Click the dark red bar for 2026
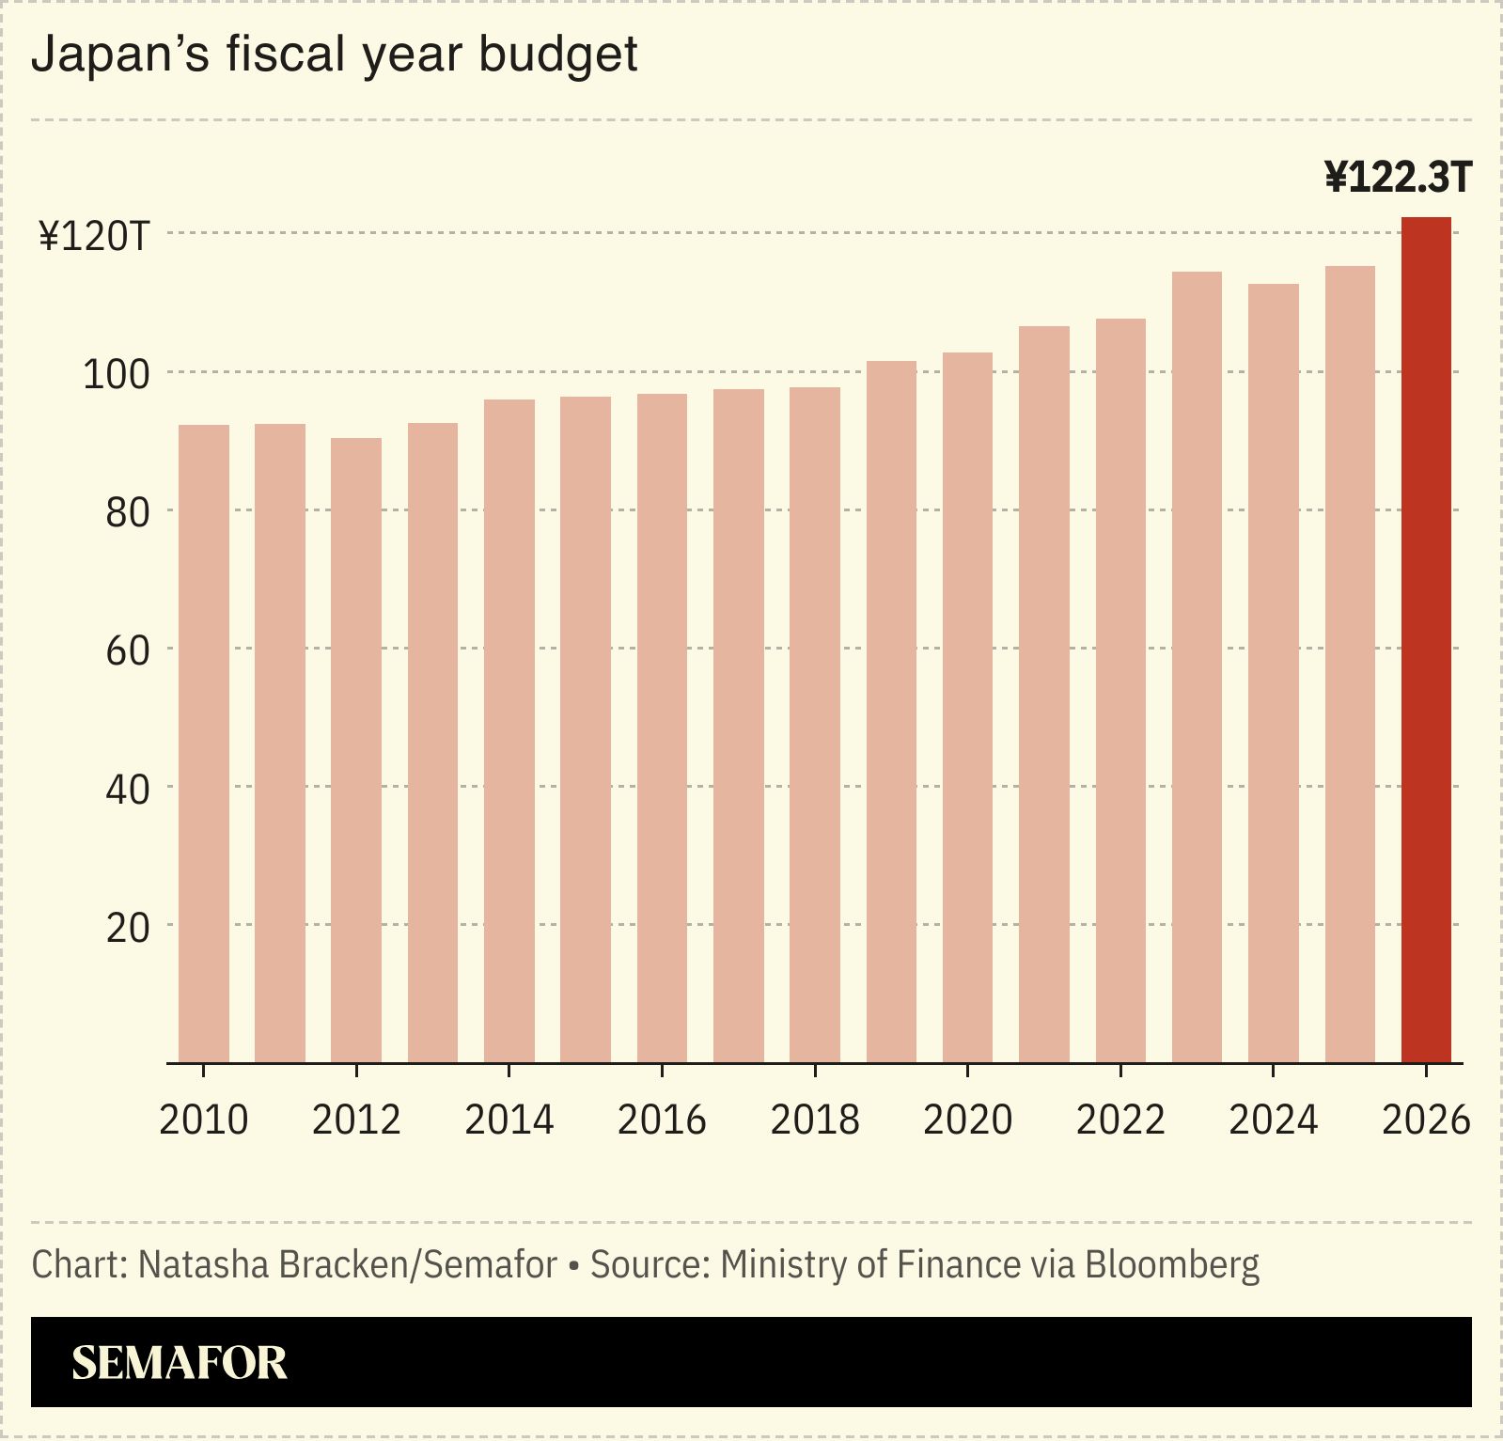[1426, 639]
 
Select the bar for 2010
[203, 743]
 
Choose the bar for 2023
[1197, 666]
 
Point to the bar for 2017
[738, 725]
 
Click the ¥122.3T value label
[1398, 177]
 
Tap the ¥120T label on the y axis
[94, 236]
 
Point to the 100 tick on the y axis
[117, 374]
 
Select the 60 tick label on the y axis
[128, 650]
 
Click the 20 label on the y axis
[128, 927]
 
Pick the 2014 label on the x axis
[509, 1119]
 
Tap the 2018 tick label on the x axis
[814, 1119]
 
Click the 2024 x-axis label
[1273, 1119]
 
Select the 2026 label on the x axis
[1425, 1119]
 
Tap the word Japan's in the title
[120, 55]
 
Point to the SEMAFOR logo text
[179, 1362]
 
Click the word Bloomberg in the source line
[1171, 1265]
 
